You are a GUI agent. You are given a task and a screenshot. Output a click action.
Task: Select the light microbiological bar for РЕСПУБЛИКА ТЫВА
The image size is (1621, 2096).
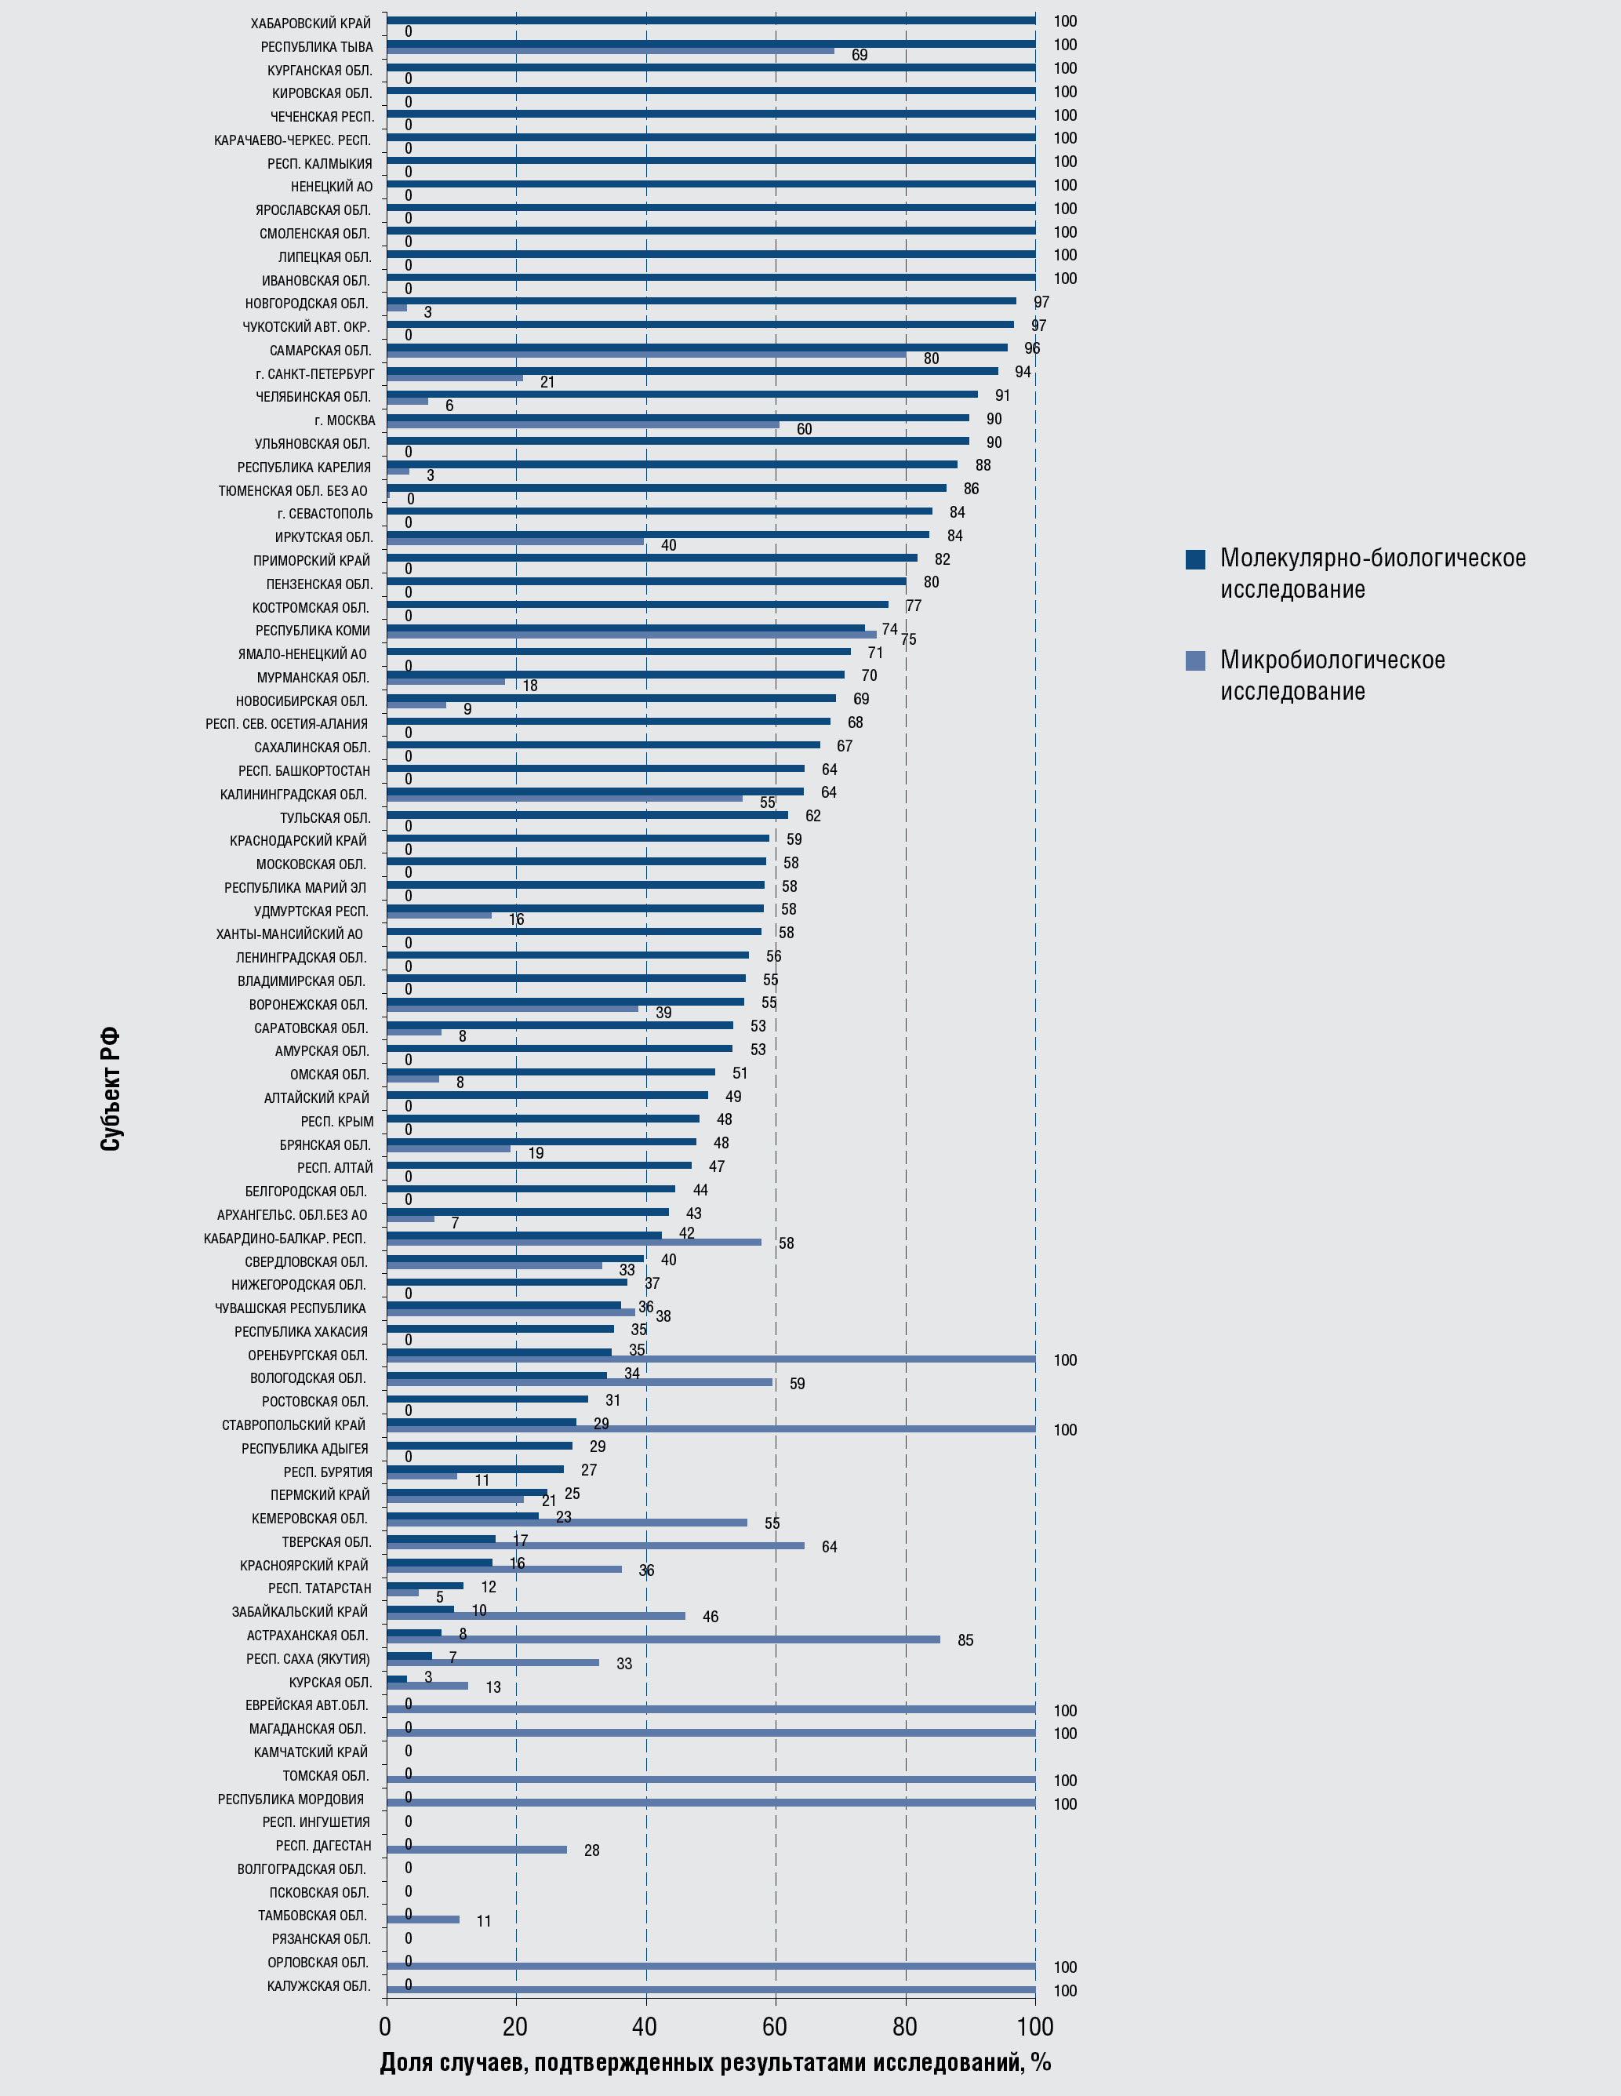[610, 51]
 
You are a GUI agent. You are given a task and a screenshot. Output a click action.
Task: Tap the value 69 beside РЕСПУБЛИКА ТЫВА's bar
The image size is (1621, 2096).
[859, 56]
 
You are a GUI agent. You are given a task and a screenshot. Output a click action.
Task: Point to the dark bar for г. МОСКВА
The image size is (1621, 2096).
[678, 417]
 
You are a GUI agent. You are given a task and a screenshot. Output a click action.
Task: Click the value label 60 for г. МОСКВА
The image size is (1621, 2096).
[805, 429]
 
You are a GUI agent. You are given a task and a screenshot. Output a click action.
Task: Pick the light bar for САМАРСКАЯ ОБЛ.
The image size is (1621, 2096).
[646, 354]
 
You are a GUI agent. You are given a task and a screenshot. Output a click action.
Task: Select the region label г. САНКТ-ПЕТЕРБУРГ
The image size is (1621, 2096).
[314, 374]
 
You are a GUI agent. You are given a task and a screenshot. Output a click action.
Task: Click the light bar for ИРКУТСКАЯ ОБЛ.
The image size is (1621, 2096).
[515, 541]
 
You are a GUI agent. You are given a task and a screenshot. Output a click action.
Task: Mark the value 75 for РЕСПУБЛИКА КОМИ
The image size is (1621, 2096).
[908, 640]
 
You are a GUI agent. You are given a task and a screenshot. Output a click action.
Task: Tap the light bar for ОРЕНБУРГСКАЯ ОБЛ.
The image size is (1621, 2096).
[711, 1359]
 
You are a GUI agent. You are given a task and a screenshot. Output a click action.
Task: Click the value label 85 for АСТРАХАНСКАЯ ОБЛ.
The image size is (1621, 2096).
[965, 1640]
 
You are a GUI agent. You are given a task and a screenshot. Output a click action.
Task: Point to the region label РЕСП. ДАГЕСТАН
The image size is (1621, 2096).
[322, 1846]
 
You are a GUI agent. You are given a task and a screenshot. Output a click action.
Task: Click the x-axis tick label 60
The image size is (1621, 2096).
[775, 2026]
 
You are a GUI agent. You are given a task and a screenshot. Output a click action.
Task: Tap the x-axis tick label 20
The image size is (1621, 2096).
[515, 2026]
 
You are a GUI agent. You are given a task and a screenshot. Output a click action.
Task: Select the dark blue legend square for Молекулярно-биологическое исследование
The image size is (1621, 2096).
[1195, 559]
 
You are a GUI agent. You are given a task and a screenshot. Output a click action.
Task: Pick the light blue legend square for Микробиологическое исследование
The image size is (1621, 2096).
[1195, 660]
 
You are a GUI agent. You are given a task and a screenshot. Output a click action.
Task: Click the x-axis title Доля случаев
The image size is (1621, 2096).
[715, 2062]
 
